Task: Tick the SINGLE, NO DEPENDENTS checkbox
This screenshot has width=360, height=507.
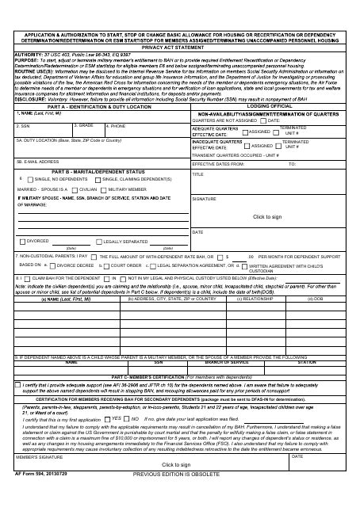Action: pyautogui.click(x=30, y=180)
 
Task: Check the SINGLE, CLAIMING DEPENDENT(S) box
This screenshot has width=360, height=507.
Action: pyautogui.click(x=99, y=180)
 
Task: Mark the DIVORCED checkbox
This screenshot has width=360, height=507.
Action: pyautogui.click(x=23, y=240)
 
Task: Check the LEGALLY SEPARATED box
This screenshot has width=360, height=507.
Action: pyautogui.click(x=99, y=240)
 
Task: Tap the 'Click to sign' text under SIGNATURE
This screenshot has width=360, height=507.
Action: pyautogui.click(x=266, y=216)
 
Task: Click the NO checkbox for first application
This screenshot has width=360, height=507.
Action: pyautogui.click(x=127, y=440)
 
